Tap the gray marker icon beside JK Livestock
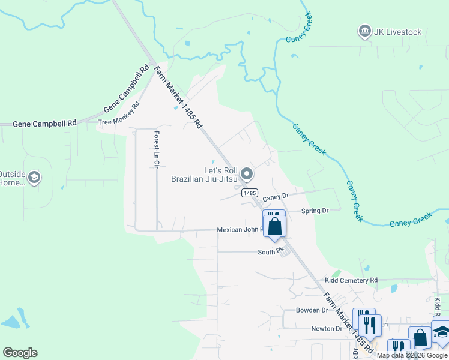click(x=364, y=31)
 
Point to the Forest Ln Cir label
click(x=157, y=150)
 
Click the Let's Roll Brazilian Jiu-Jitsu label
click(x=204, y=174)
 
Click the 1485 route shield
click(x=250, y=193)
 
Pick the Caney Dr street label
click(x=277, y=196)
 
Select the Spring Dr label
click(x=315, y=211)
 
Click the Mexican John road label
click(x=240, y=230)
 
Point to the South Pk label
click(x=270, y=252)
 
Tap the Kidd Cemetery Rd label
click(x=351, y=280)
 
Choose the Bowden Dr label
click(x=312, y=310)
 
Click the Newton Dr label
click(x=327, y=328)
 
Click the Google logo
click(x=20, y=353)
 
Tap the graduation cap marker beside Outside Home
click(x=35, y=176)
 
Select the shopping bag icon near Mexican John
click(x=275, y=227)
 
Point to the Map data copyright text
click(x=412, y=355)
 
